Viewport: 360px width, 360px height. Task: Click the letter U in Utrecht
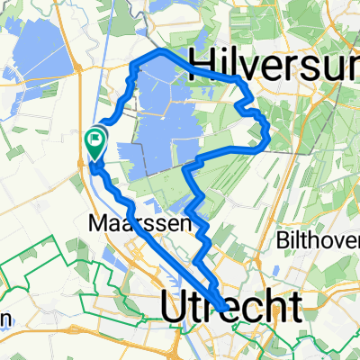175,308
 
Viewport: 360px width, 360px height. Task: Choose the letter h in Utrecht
273,308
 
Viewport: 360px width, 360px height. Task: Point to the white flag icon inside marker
94,139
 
